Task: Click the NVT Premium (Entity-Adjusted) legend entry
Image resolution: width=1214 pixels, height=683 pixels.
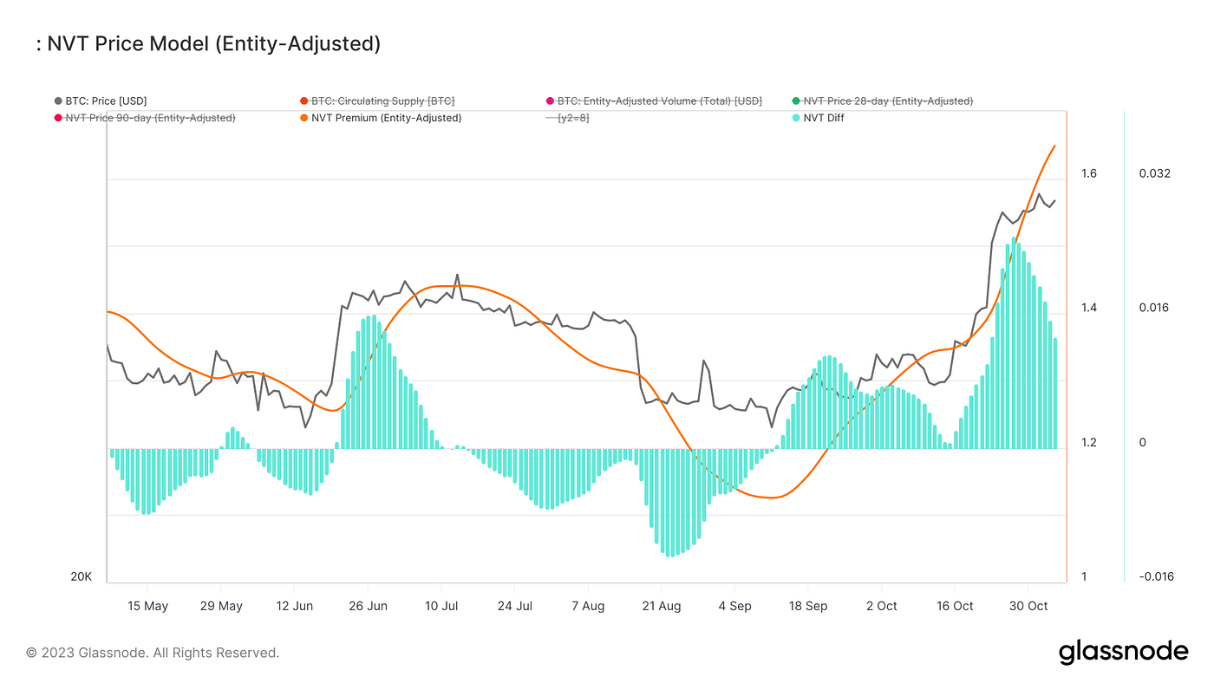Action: click(x=386, y=118)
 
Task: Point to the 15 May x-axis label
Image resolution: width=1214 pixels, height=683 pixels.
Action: click(x=147, y=606)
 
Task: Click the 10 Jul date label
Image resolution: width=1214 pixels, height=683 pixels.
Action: click(x=441, y=606)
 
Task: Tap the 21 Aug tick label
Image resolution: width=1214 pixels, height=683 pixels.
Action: click(x=661, y=606)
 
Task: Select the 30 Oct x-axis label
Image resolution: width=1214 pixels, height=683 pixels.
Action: click(x=1028, y=606)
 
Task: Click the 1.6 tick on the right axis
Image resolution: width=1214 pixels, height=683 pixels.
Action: click(x=1089, y=173)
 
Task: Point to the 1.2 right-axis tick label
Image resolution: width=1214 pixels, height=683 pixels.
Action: click(x=1089, y=443)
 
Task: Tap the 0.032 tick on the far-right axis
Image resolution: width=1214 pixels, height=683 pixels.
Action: click(x=1154, y=173)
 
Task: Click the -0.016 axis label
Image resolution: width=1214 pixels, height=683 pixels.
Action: click(x=1156, y=577)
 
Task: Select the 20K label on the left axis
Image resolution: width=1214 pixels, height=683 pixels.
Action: click(x=82, y=577)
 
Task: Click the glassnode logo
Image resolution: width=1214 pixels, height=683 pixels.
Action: click(x=1123, y=652)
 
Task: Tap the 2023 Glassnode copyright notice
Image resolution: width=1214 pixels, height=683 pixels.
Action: click(x=153, y=653)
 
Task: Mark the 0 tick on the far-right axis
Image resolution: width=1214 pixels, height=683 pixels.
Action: click(x=1143, y=443)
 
